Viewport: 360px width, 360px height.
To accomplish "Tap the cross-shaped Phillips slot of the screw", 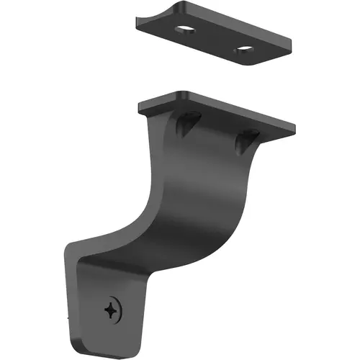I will click(111, 310).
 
